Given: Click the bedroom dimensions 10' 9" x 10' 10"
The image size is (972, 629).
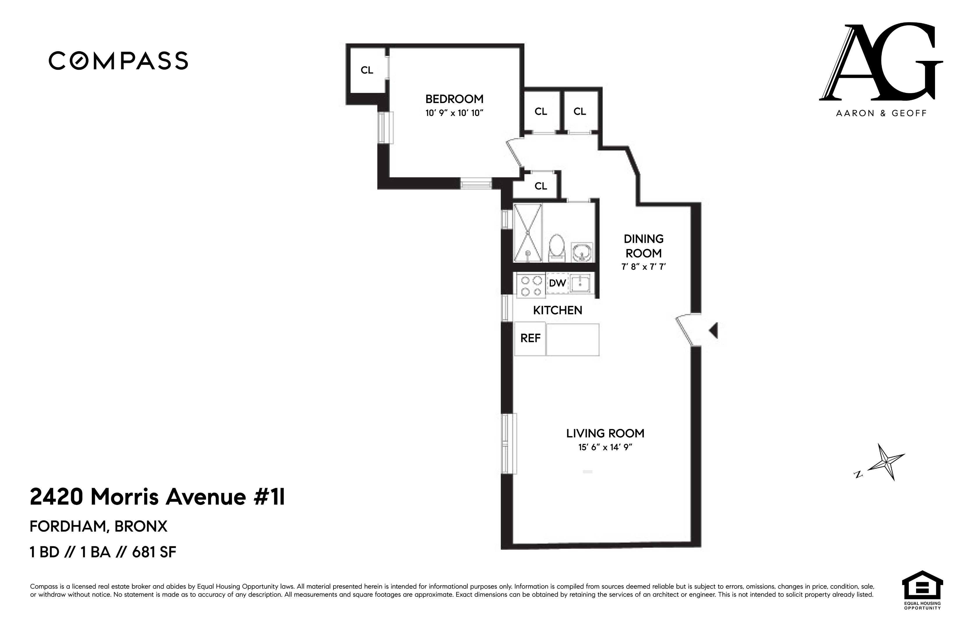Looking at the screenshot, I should pyautogui.click(x=454, y=113).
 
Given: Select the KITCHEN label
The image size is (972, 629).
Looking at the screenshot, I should pyautogui.click(x=557, y=310).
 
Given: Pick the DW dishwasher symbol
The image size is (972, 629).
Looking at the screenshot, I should pyautogui.click(x=557, y=283).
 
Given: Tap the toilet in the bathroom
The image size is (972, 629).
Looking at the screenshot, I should pyautogui.click(x=556, y=248).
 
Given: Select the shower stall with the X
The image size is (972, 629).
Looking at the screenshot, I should pyautogui.click(x=528, y=233).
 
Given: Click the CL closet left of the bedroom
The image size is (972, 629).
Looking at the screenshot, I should pyautogui.click(x=367, y=70).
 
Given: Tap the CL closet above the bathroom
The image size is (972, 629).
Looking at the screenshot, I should pyautogui.click(x=540, y=186).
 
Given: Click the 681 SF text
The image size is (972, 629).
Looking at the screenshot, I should pyautogui.click(x=154, y=552).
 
